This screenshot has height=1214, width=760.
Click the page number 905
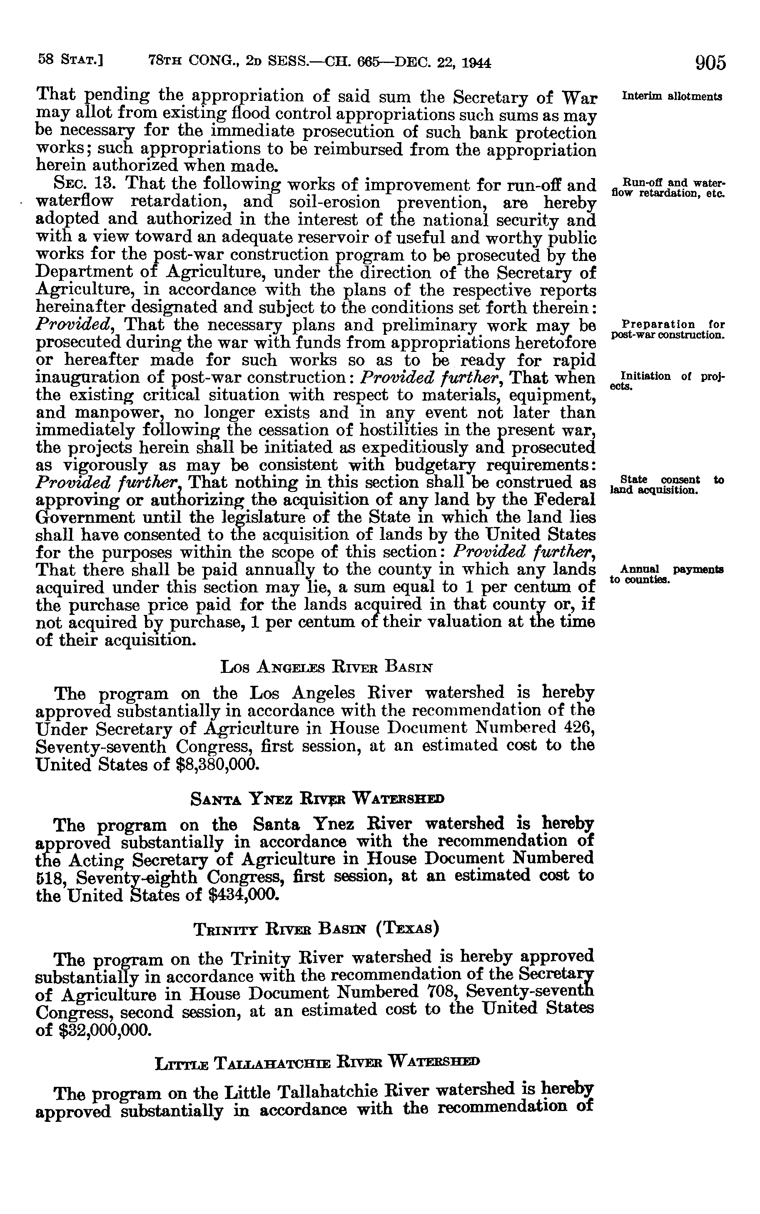click(x=710, y=63)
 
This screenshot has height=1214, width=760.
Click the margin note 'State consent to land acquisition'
click(x=666, y=484)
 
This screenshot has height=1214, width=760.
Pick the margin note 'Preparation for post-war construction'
click(x=667, y=329)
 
